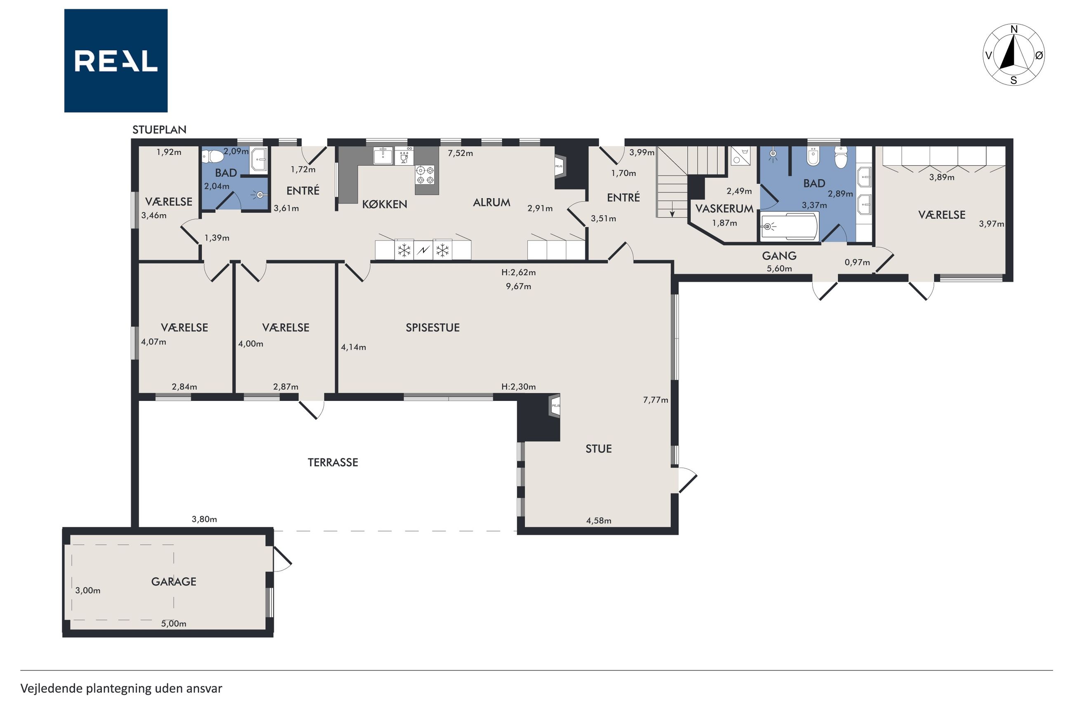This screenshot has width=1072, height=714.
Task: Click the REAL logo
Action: pos(116,61)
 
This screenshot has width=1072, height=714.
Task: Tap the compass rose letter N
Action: pos(1014,30)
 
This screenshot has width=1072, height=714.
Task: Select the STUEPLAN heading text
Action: pos(160,130)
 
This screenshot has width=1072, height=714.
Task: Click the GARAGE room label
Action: pos(174,581)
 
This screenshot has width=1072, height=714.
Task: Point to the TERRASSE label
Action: pos(333,463)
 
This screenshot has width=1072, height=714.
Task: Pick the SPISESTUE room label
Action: pos(433,328)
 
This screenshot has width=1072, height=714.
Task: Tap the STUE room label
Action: pos(599,449)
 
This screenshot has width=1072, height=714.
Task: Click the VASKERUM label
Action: pos(724,209)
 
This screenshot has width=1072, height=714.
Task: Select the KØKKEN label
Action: pos(385,204)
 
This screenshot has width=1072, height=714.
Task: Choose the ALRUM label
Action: pos(491,203)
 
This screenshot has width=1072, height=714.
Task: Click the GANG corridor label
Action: pos(779,256)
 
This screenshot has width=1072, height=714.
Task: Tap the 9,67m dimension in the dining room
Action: pos(518,286)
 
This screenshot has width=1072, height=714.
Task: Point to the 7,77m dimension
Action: pos(656,400)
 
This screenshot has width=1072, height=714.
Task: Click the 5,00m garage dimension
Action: pos(174,624)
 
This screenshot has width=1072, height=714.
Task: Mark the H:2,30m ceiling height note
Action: pos(518,387)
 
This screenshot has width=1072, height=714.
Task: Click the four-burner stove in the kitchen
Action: pos(425,175)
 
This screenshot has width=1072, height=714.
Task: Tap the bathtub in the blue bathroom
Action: pos(790,226)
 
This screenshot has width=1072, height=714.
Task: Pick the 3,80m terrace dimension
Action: pos(204,519)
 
